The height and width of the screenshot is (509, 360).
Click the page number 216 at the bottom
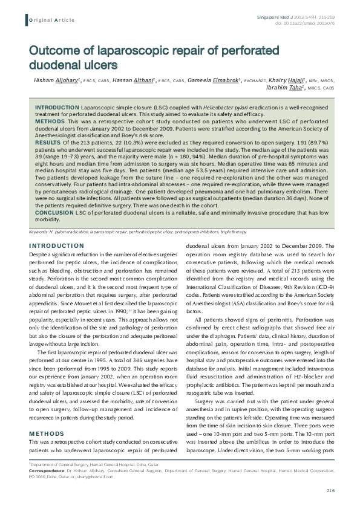click(330, 490)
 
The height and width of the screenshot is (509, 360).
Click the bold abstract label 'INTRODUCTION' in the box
click(57, 106)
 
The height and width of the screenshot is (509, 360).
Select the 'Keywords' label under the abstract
click(40, 232)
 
